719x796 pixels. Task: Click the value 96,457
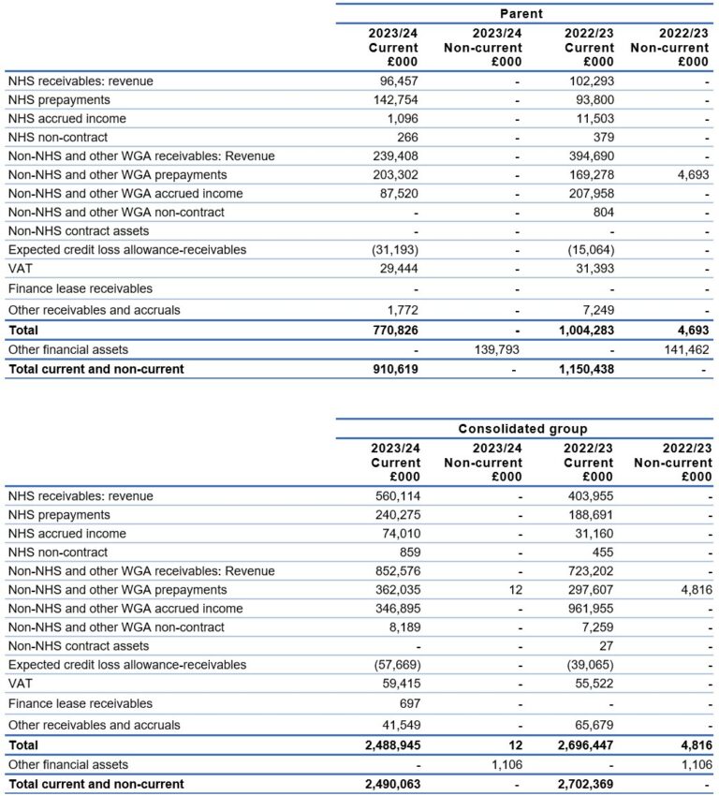pos(395,81)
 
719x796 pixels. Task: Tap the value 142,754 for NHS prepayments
pos(392,100)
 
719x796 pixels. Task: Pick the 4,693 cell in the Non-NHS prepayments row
pos(690,175)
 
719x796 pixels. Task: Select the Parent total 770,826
pos(392,331)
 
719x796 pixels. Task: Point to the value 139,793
pos(493,349)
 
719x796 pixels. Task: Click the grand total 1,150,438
pos(582,369)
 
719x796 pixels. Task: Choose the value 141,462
pos(683,349)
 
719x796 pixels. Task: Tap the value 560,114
pos(392,496)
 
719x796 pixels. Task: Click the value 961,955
pos(588,609)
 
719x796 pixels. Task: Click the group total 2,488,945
pos(387,745)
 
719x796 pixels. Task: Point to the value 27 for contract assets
pos(605,646)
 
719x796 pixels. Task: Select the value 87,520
pos(397,194)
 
